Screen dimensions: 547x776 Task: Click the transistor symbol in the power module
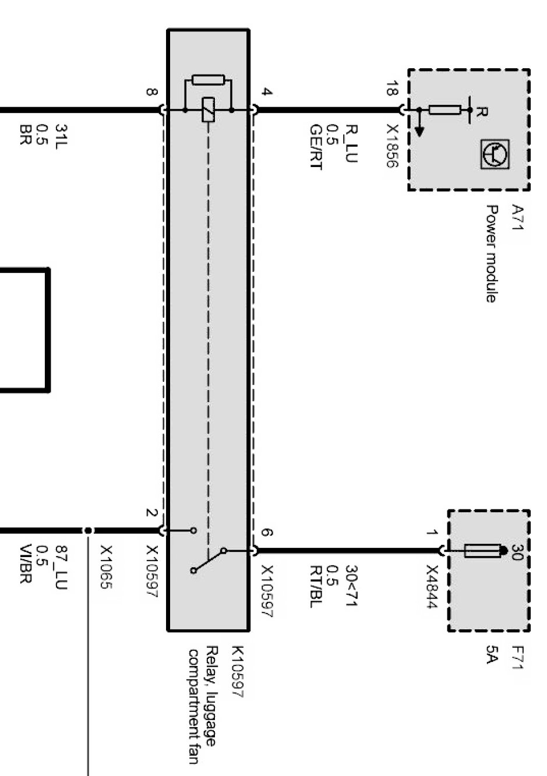pos(495,154)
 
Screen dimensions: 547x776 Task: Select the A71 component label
pos(517,217)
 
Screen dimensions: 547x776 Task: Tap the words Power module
pos(491,254)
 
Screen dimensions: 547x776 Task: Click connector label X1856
pos(391,146)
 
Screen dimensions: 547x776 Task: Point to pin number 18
pos(391,88)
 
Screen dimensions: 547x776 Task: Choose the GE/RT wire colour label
pos(316,147)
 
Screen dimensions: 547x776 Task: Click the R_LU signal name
pos(351,143)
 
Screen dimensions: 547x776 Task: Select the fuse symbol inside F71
pos(482,551)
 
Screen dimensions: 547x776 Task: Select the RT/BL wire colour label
pos(316,586)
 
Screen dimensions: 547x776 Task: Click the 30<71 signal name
pos(351,586)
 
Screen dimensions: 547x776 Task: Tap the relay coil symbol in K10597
pos(208,110)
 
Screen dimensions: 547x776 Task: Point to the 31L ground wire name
pos(61,136)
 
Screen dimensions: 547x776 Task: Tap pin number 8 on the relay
pos(152,92)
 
